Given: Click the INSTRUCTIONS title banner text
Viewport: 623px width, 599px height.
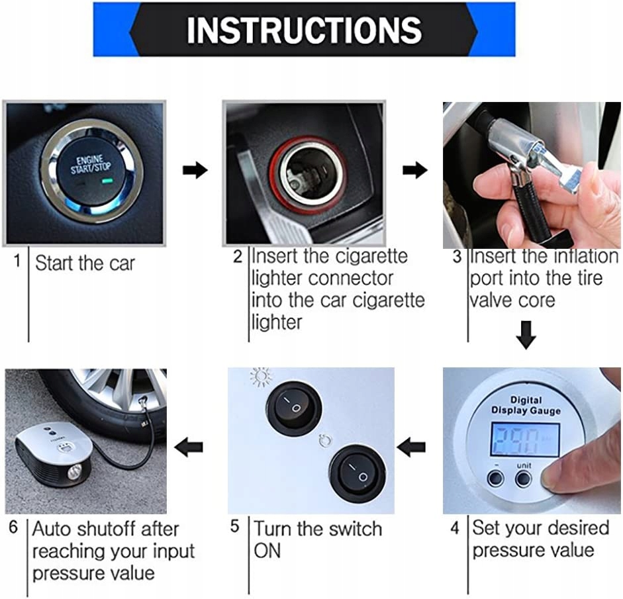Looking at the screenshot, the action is coord(304,30).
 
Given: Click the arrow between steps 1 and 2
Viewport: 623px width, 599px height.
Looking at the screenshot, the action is coord(195,170).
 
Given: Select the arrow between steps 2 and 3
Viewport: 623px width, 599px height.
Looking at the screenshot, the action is coord(415,170).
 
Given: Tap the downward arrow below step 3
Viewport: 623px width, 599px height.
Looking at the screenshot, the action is coord(526,335).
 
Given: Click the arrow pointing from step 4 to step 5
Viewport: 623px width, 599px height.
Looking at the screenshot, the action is coord(411,447).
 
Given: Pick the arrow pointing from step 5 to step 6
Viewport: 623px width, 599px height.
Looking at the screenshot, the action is coord(189,447).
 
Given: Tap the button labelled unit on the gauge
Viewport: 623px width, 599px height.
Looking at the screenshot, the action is coord(523,479).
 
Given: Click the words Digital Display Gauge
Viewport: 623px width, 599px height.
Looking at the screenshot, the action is coord(526,405).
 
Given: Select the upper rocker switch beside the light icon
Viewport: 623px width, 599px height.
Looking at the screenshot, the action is coord(294,406).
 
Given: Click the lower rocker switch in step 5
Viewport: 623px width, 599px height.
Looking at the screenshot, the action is coord(358,473).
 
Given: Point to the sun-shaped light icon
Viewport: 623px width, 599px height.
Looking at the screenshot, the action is coord(261,377).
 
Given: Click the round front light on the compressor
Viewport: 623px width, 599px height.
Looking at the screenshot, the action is coord(74,473).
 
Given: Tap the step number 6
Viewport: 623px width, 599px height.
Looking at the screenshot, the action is coord(13,527).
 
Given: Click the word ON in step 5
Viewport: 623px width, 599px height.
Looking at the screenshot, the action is coord(267,551).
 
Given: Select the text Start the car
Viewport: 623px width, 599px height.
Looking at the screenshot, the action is coord(85,263).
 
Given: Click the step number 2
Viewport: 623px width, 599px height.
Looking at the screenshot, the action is coord(238,257).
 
